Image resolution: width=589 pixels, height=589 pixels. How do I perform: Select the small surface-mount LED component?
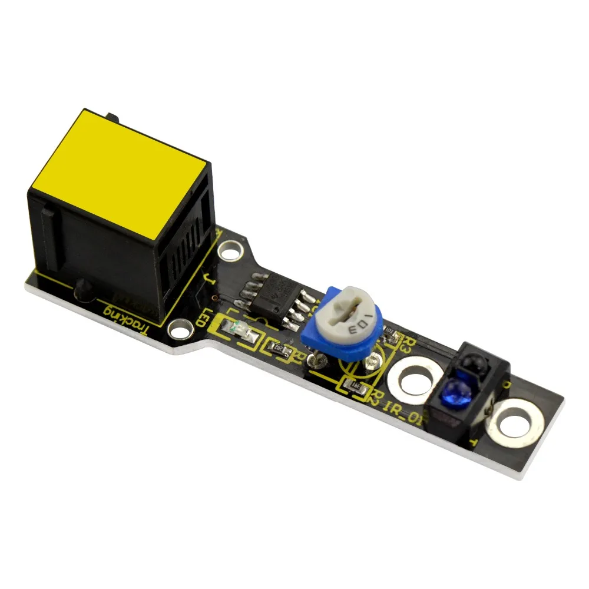point(239,332)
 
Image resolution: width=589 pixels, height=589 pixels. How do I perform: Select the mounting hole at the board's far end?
point(513,422)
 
